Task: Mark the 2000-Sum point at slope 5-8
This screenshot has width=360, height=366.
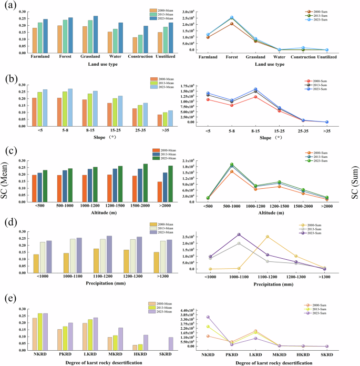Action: [231, 105]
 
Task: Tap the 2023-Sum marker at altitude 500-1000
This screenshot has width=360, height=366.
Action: [231, 165]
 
